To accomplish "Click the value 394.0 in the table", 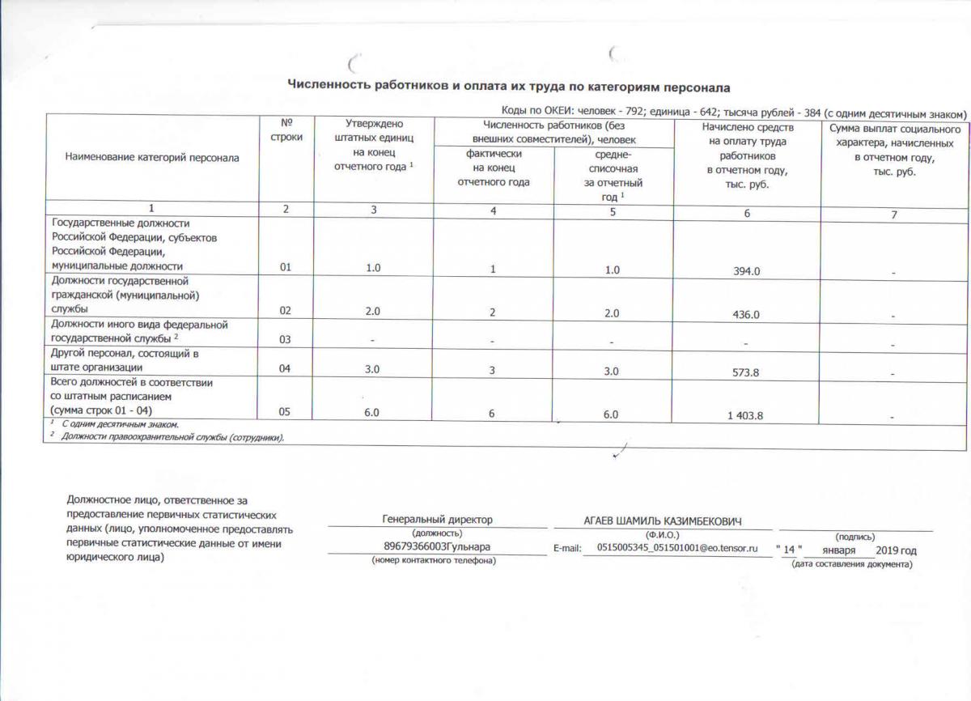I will point(745,271).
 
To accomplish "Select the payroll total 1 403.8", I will point(745,415).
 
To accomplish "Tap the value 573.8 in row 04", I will point(745,372).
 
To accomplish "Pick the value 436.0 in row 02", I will point(745,314).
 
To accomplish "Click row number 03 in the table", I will point(285,339).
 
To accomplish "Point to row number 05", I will point(285,412).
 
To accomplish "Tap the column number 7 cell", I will point(894,213).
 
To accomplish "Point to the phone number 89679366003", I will point(414,547).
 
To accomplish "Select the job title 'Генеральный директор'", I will point(437,520).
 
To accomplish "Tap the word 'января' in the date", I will point(837,550).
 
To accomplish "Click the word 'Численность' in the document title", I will point(329,85).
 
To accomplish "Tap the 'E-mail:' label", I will point(568,549).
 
